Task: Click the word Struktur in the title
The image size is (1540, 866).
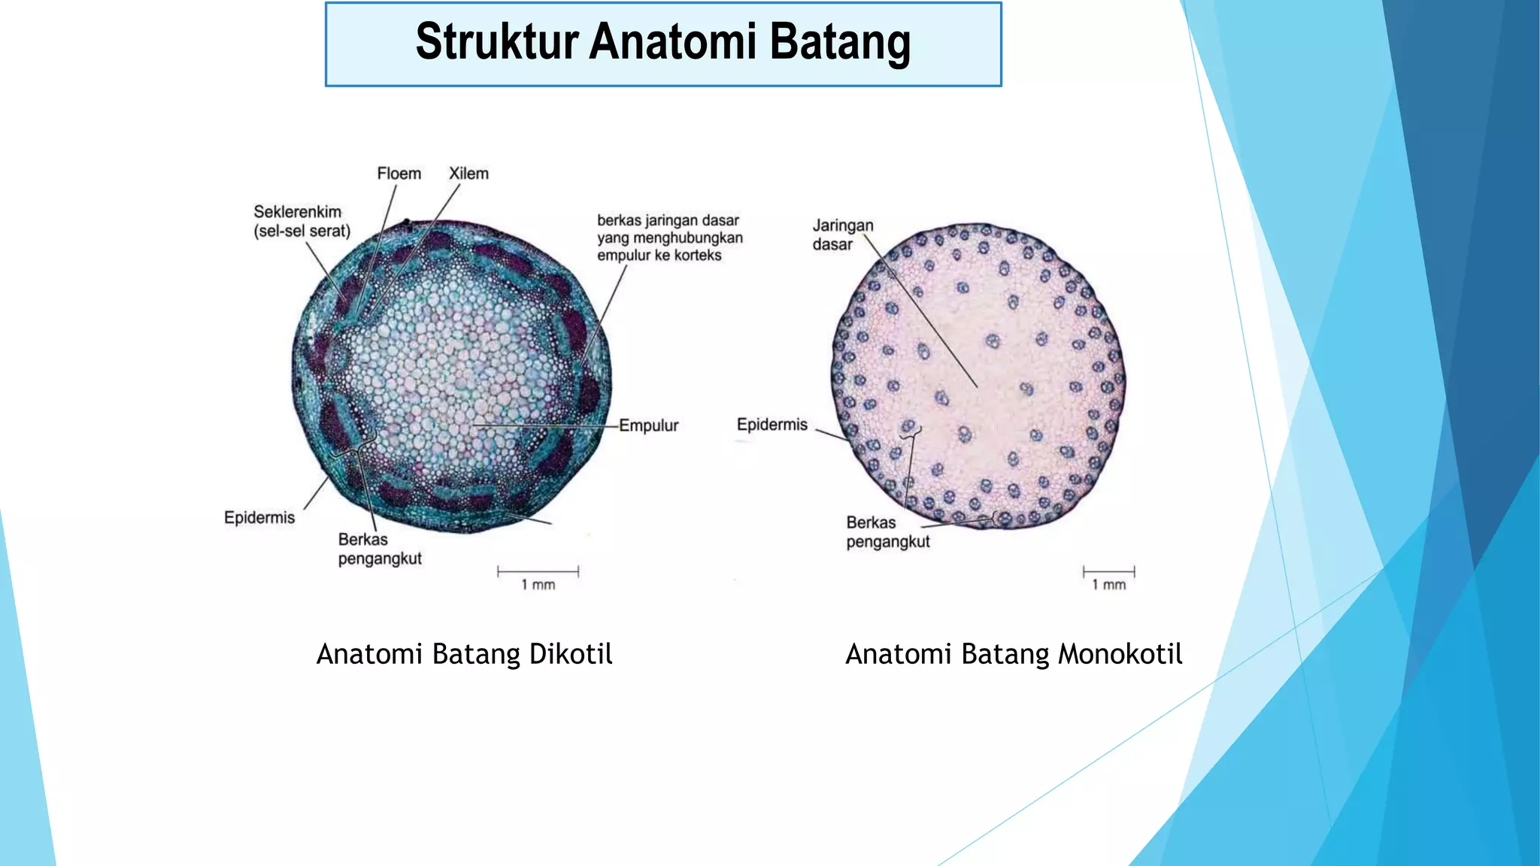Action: point(497,41)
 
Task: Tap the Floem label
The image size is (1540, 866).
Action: point(399,174)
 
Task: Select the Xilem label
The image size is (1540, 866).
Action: point(468,174)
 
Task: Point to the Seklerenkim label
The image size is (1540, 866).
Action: point(297,212)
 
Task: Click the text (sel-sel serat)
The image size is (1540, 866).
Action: point(302,232)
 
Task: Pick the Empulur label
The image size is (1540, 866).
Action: point(648,425)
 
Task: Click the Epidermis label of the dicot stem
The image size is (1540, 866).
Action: point(259,517)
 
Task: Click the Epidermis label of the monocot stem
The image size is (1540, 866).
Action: point(772,425)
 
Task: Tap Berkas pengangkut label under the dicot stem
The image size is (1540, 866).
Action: point(379,549)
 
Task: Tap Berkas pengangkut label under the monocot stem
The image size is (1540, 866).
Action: point(887,531)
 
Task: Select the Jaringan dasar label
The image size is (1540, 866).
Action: point(842,235)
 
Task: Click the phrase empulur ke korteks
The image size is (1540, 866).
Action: point(659,256)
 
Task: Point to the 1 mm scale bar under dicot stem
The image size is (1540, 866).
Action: point(538,572)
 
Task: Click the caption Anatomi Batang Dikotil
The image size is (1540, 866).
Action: point(464,654)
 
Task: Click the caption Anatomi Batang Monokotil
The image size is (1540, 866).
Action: point(1013,654)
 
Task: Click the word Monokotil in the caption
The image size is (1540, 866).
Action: point(1120,654)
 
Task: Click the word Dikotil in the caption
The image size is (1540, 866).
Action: point(571,654)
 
